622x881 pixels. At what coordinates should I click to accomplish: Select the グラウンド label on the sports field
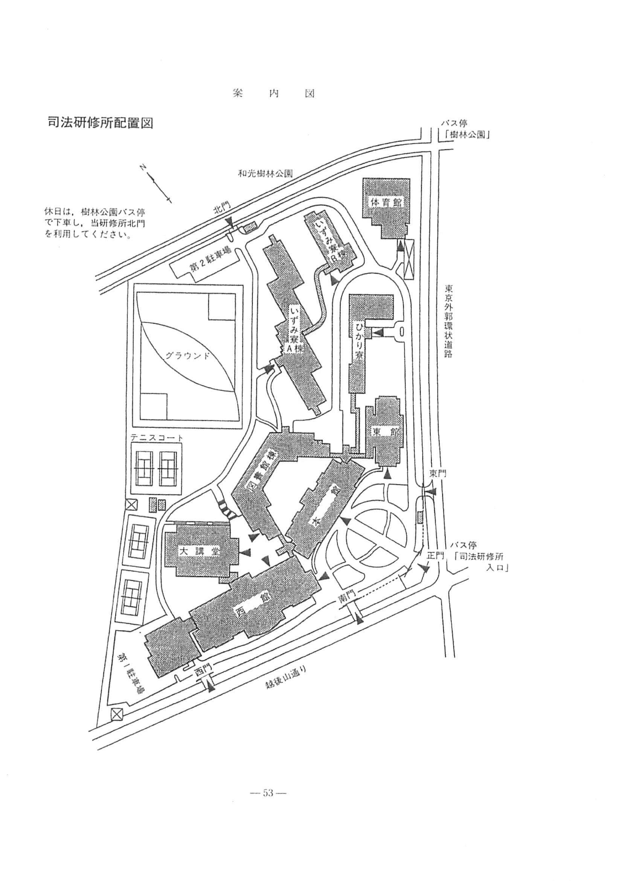tap(188, 355)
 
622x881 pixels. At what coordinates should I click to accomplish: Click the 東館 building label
tap(388, 431)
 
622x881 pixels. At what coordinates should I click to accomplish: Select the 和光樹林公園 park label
tap(265, 173)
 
